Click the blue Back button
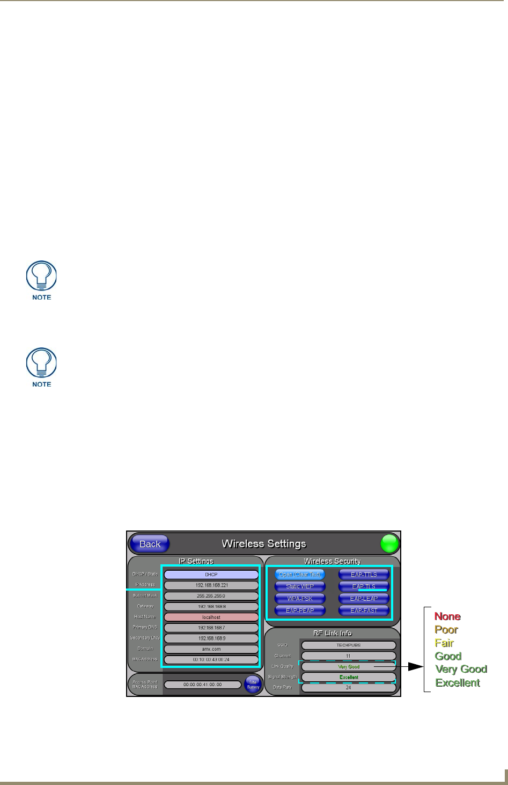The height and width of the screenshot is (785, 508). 150,544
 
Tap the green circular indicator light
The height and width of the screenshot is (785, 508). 390,544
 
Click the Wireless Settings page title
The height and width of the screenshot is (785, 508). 264,544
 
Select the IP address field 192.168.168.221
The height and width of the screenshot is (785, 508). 211,585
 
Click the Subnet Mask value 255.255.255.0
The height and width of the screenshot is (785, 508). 211,596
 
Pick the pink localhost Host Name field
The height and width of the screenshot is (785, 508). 211,617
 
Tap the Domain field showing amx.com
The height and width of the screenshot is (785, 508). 211,649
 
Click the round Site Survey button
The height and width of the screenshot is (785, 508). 253,685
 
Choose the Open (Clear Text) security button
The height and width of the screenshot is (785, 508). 300,575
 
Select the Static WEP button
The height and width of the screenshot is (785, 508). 300,586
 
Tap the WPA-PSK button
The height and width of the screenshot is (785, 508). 300,599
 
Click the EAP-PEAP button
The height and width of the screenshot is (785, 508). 300,610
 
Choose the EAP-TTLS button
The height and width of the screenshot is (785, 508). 364,575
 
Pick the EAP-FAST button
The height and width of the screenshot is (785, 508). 364,610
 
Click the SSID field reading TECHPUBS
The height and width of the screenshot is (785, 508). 349,645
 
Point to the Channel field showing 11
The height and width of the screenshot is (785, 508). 349,656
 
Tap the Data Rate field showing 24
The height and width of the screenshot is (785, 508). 349,688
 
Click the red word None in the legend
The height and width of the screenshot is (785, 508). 447,616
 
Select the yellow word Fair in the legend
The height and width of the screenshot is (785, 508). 444,643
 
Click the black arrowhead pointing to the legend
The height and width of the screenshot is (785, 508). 415,667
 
